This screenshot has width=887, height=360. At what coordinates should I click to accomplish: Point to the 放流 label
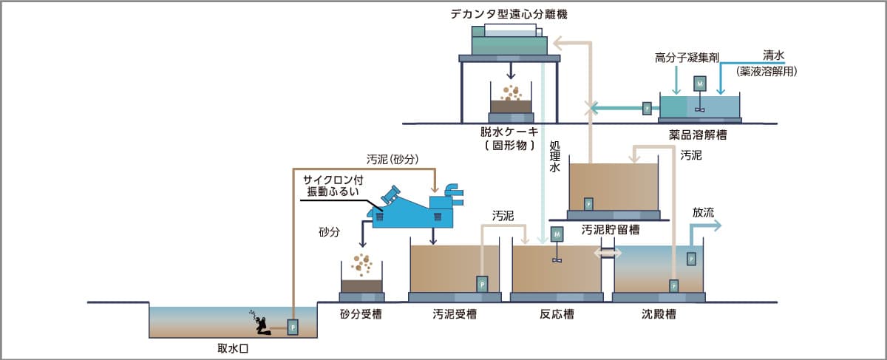click(703, 212)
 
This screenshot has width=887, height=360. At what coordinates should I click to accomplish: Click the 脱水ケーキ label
click(510, 131)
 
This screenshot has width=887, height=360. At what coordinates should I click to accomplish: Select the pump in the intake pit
click(293, 325)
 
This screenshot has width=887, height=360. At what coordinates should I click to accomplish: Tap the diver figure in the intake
click(259, 322)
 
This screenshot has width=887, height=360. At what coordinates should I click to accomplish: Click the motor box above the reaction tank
click(557, 234)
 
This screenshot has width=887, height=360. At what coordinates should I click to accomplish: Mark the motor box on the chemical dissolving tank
click(699, 84)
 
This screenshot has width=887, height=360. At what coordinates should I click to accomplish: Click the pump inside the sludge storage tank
click(588, 203)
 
